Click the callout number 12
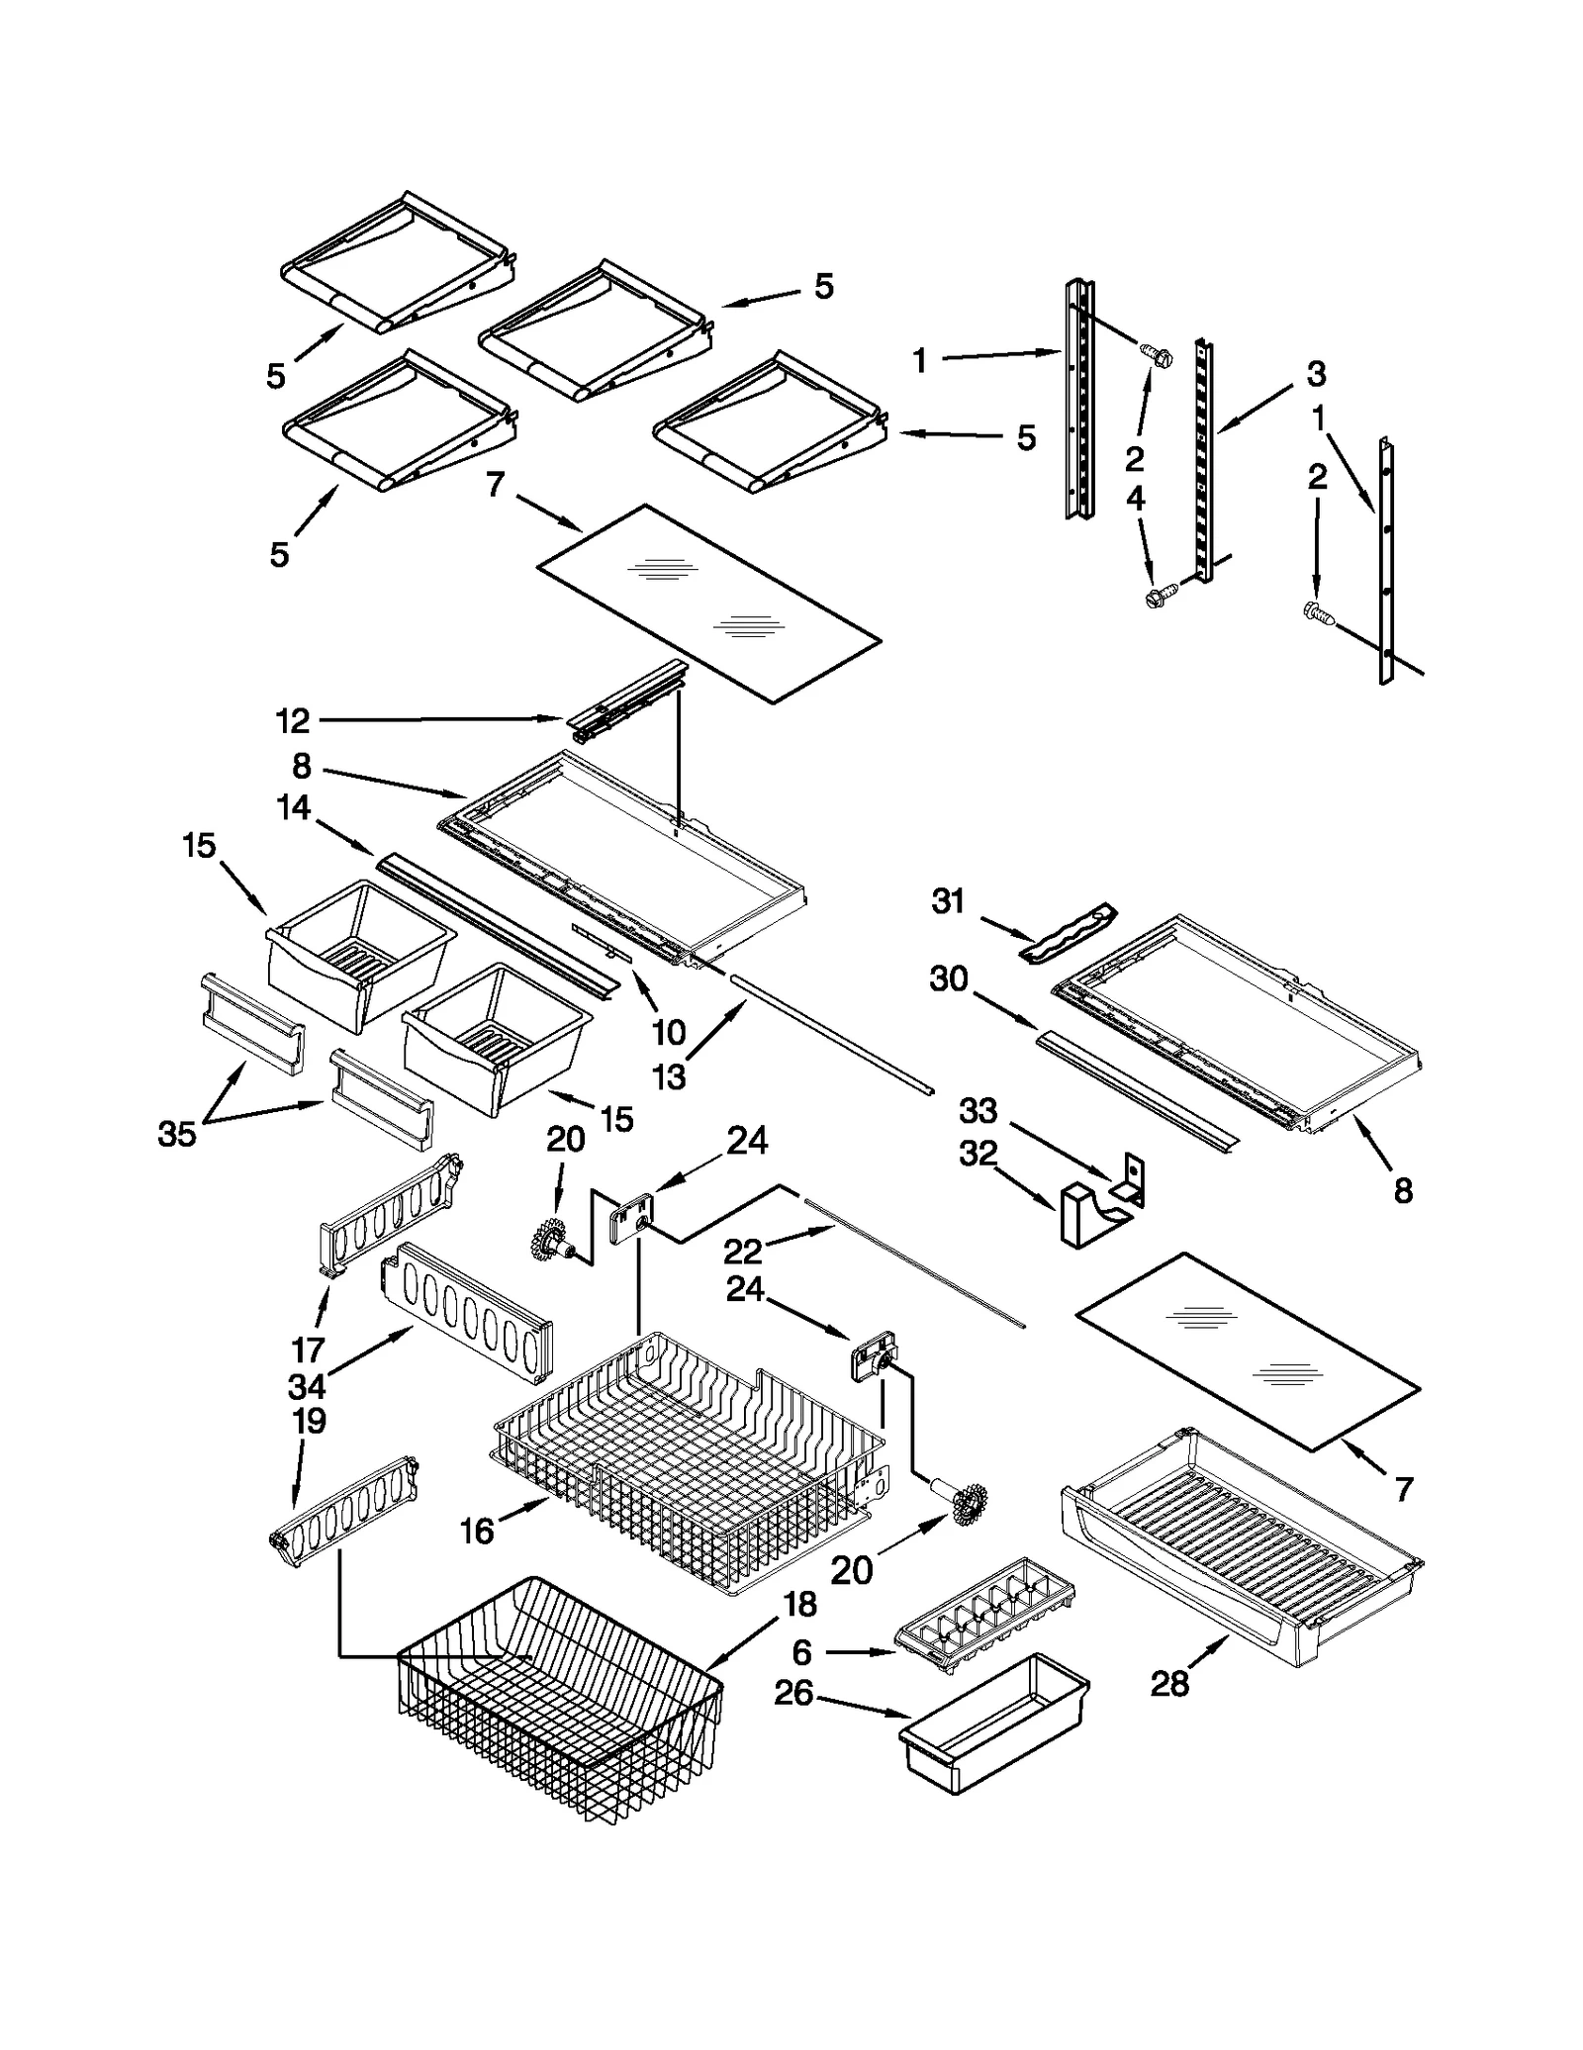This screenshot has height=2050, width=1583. (292, 721)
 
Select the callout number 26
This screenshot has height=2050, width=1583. (793, 1693)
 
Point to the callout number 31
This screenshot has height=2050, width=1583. (948, 901)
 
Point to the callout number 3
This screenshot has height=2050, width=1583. (1315, 374)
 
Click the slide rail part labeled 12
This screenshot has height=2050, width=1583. (628, 700)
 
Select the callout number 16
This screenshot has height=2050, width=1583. (476, 1532)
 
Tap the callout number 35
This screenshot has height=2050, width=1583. (177, 1134)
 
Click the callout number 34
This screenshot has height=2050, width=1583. (307, 1386)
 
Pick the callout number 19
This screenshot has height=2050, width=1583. (309, 1421)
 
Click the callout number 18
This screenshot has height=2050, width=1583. (799, 1604)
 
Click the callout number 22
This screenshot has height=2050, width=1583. (742, 1252)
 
